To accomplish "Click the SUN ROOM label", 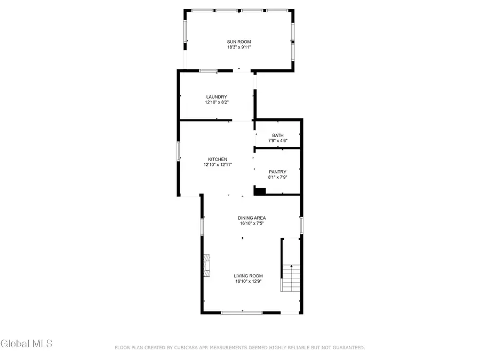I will tap(238, 42).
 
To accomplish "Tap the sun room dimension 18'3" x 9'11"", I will tap(238, 47).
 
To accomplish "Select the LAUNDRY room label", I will tap(217, 97).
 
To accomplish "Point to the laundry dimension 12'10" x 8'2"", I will tap(217, 102).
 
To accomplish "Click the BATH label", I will tap(277, 135).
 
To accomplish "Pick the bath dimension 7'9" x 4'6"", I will tap(277, 141).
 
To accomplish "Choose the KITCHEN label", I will tap(218, 159).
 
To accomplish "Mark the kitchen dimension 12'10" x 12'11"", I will tap(218, 165).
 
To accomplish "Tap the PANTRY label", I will tap(277, 172).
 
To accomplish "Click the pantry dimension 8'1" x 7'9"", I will tap(277, 177).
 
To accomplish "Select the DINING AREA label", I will tap(252, 218).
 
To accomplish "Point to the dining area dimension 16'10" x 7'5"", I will tap(252, 223).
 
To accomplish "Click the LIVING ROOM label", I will tap(249, 276).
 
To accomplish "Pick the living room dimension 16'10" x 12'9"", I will tap(249, 281).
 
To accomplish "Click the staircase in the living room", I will tap(291, 278).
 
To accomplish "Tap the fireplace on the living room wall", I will tap(206, 265).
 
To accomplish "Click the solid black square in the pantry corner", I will tap(260, 191).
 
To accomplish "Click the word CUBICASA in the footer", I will tap(186, 348).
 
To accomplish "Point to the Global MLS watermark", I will tap(27, 343).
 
